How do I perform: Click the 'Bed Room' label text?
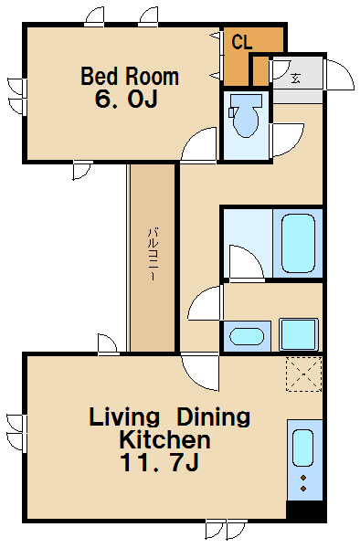130,77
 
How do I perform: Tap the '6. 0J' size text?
126,99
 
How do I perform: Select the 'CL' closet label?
242,42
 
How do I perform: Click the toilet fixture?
246,115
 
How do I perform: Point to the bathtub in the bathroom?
298,243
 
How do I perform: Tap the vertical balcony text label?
153,254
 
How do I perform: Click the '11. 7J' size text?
159,462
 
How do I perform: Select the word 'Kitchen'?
164,439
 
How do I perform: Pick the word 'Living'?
124,417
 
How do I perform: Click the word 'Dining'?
213,417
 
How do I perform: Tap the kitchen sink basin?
302,448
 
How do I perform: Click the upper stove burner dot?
303,478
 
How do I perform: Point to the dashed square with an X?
303,374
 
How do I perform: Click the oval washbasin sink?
247,336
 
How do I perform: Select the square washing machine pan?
299,334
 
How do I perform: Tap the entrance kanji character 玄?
295,78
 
